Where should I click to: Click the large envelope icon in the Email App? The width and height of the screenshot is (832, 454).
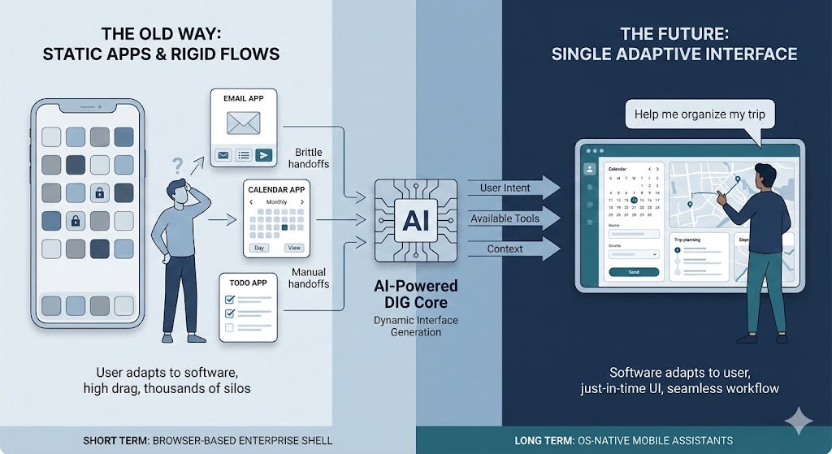pos(244,123)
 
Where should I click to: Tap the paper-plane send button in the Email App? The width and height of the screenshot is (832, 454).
pos(264,155)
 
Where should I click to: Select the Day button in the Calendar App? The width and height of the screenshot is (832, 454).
pos(259,247)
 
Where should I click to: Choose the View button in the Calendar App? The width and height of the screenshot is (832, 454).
pos(292,247)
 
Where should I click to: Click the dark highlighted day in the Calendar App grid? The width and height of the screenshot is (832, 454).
pos(284,227)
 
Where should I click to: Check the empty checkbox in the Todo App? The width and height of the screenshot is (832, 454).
pos(228,328)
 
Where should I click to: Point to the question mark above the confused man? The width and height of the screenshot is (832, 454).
pos(176,166)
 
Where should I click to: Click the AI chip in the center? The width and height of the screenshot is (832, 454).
pos(410,219)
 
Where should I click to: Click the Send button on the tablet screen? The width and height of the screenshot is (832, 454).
pos(634,272)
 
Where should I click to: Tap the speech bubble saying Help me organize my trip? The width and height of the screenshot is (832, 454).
pos(700,115)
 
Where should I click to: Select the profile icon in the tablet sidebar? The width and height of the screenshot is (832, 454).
pos(590,170)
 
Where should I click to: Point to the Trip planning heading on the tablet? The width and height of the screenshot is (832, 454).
pos(692,240)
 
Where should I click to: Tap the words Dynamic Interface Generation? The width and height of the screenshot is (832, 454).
pos(416,326)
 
